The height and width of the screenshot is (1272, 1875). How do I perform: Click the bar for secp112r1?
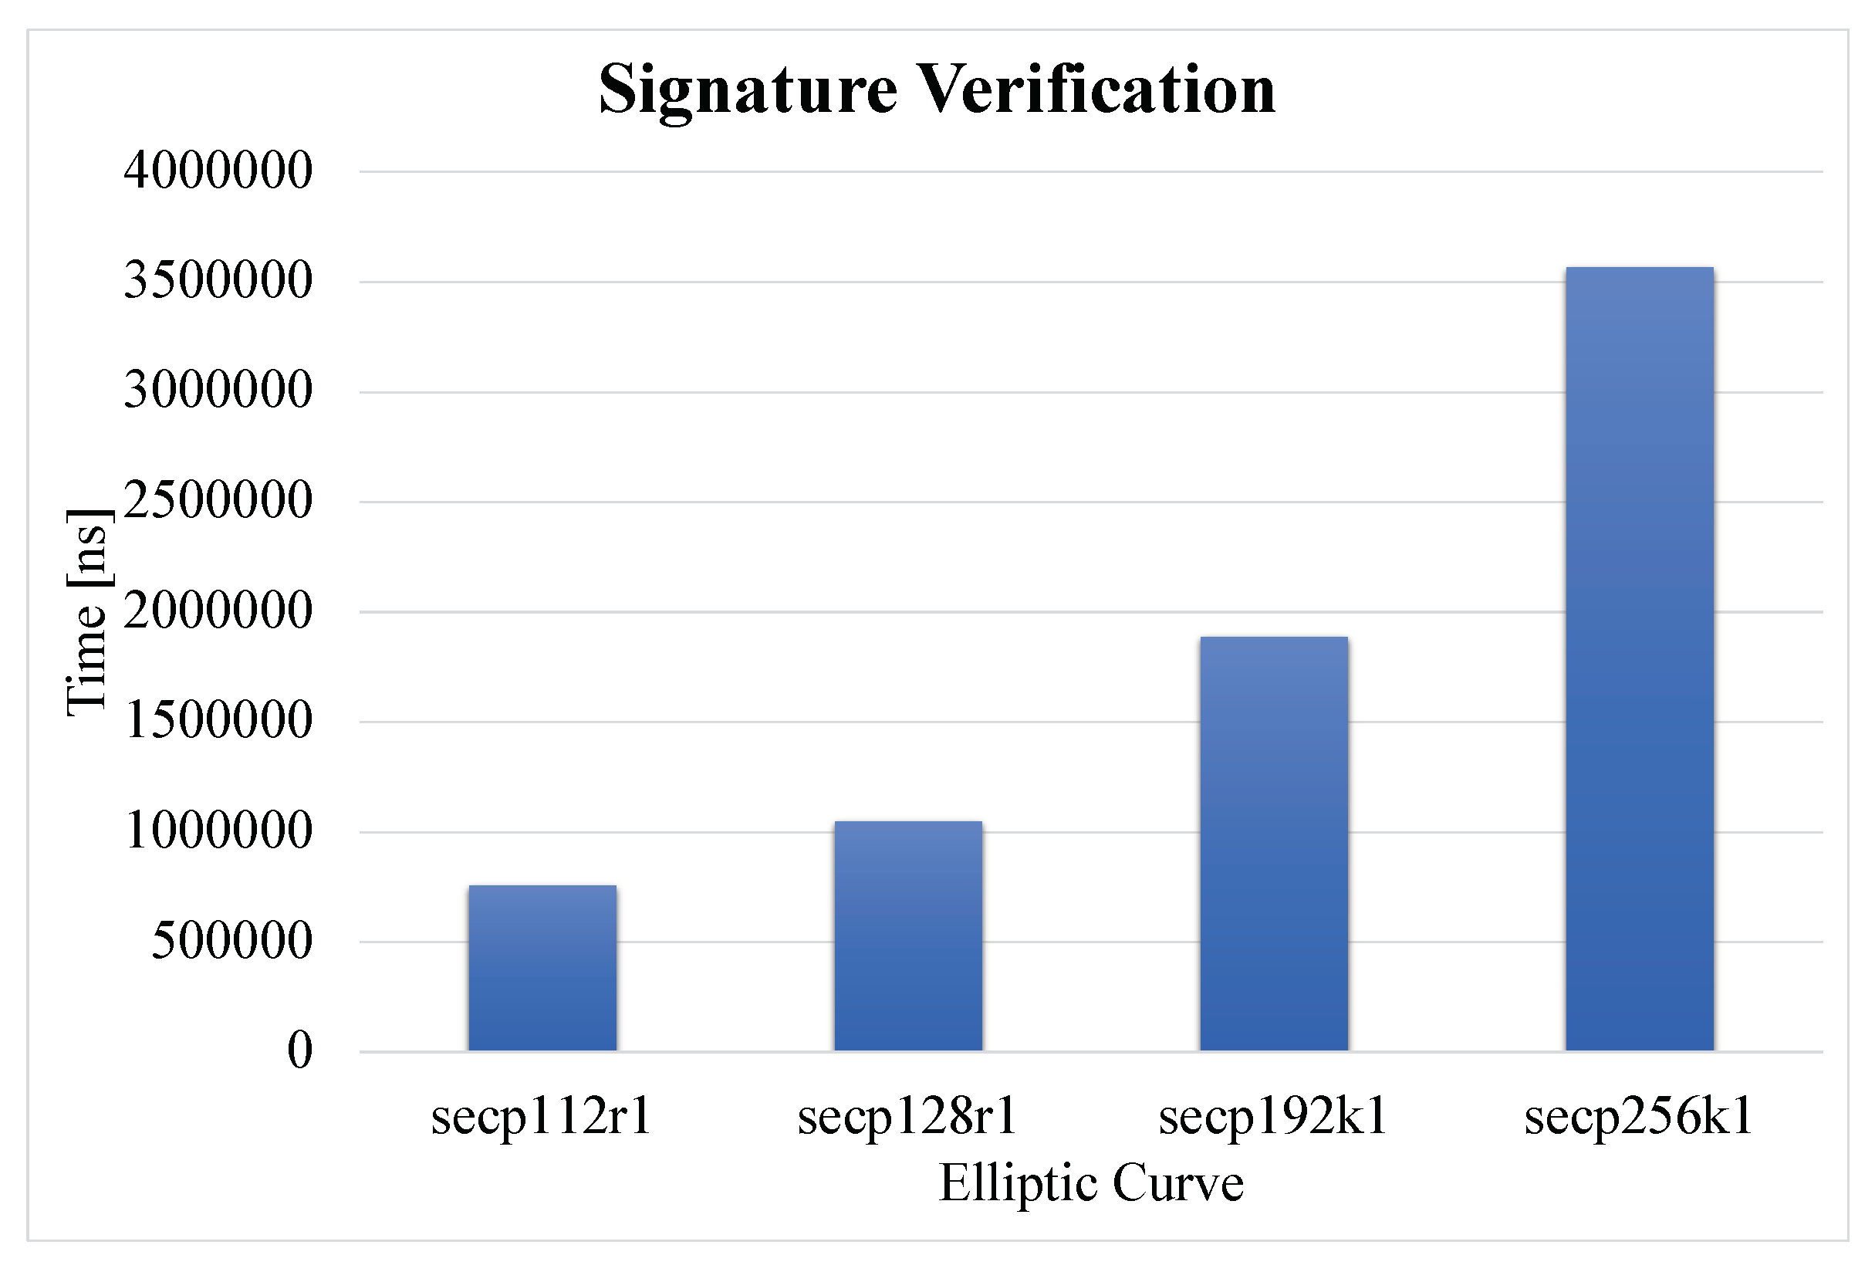pyautogui.click(x=542, y=968)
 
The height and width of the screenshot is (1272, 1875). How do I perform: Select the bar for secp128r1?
pyautogui.click(x=907, y=935)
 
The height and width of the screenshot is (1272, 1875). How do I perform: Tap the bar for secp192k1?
pyautogui.click(x=1273, y=844)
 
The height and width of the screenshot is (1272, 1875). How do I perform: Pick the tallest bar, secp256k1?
pyautogui.click(x=1639, y=658)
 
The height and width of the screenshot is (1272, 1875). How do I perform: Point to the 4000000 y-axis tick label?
pyautogui.click(x=218, y=171)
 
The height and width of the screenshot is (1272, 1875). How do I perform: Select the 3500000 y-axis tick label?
pyautogui.click(x=218, y=281)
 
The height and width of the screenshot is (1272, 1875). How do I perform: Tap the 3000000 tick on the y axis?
pyautogui.click(x=218, y=391)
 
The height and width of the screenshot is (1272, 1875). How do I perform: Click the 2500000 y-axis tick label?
pyautogui.click(x=218, y=500)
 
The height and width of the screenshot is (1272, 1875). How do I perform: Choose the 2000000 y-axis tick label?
pyautogui.click(x=218, y=611)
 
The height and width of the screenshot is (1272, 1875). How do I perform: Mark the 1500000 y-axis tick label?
pyautogui.click(x=218, y=720)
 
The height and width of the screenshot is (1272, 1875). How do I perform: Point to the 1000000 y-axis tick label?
pyautogui.click(x=218, y=831)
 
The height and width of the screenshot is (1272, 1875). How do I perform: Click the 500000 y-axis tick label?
pyautogui.click(x=231, y=940)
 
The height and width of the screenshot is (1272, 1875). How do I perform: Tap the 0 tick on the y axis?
pyautogui.click(x=299, y=1050)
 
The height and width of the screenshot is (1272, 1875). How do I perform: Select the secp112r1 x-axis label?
pyautogui.click(x=542, y=1118)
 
